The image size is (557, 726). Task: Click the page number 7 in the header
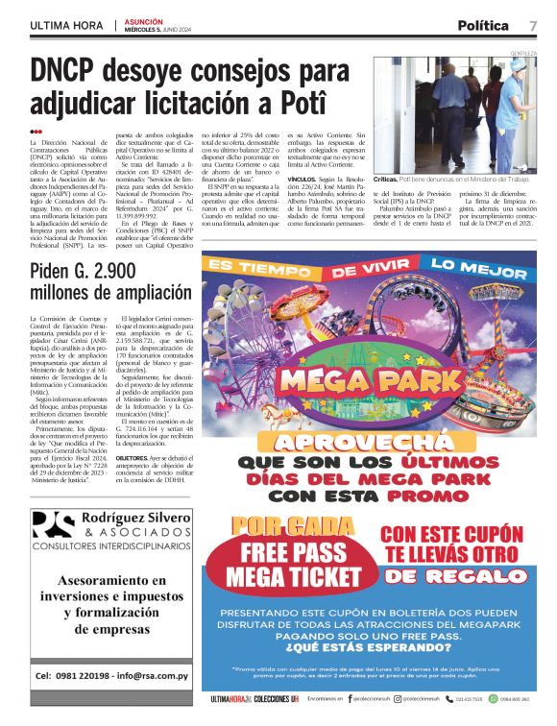tap(532, 24)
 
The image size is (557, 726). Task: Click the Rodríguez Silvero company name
tap(135, 519)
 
